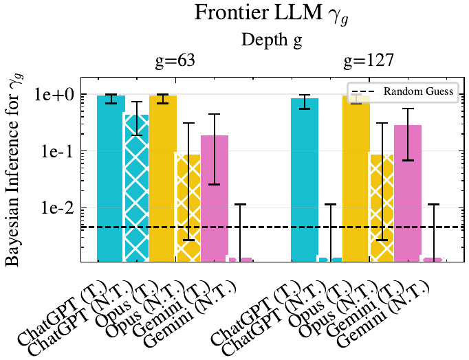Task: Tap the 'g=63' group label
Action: point(175,61)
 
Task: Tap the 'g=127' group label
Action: point(369,61)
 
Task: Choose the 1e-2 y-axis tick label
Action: point(59,207)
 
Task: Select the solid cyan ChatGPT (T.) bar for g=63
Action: point(111,179)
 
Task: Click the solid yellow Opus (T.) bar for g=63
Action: point(163,179)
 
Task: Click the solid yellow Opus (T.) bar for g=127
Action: point(356,179)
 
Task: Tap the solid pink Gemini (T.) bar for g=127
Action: point(408,192)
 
